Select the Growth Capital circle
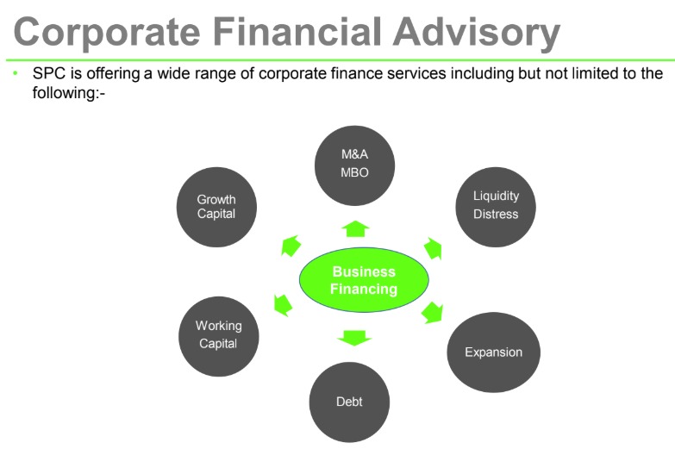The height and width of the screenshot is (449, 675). coord(216,207)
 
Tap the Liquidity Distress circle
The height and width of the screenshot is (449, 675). coord(496,206)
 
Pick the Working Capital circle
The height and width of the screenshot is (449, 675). coord(218,334)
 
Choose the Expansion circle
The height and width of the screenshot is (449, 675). coord(493,352)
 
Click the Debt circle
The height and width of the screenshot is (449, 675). coord(349,402)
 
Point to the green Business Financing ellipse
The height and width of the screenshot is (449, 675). coord(364,281)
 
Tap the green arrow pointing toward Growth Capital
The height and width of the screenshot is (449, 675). coord(291,246)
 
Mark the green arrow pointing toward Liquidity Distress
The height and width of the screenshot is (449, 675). coord(433,250)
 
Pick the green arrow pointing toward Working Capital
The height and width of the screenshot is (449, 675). coord(283,304)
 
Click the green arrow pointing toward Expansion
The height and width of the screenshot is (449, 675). coord(432,312)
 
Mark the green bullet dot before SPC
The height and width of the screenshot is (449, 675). coord(16,74)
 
